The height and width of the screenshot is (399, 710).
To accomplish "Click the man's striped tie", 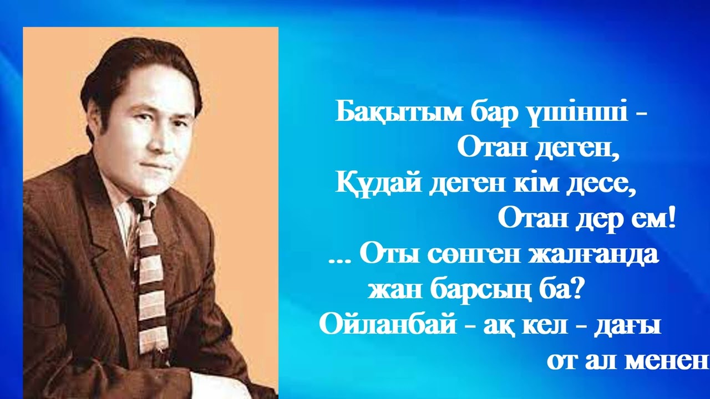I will (x=150, y=266).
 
